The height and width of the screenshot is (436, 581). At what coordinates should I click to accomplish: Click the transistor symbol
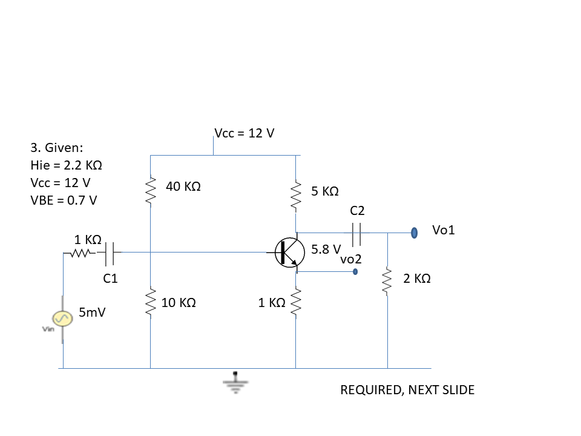coord(290,253)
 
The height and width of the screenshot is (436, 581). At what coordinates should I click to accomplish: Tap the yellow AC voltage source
coord(62,319)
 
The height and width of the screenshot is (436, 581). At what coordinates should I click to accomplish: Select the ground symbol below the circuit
coord(235,382)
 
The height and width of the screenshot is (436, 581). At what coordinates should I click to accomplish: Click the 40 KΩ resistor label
coord(183,186)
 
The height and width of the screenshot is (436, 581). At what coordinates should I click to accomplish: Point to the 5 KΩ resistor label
coord(325,191)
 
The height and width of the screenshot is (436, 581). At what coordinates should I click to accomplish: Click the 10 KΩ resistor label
coord(179,303)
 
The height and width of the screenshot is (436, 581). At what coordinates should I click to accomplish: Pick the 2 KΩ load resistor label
coord(417,279)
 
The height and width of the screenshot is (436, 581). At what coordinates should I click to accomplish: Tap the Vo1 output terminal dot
coord(414,233)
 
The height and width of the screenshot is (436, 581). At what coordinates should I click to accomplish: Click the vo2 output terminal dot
coord(355,272)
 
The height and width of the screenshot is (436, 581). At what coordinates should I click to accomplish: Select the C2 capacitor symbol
coord(356,234)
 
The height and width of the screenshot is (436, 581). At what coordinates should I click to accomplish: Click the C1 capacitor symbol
coord(110,254)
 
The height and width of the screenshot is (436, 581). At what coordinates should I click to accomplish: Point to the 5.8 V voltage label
coord(326,249)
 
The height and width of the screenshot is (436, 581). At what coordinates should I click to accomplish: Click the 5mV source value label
coord(92,312)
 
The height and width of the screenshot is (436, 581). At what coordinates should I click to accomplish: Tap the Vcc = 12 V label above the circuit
coord(245,133)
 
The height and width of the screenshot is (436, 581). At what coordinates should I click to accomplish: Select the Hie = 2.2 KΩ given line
coord(67,165)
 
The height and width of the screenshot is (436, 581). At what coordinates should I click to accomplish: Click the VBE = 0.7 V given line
coord(64,200)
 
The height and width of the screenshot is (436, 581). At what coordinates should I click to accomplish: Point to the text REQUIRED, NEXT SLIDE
coord(407,390)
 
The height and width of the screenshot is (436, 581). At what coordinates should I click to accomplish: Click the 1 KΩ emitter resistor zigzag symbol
coord(296,303)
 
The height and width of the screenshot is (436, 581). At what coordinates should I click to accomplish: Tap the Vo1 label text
coord(444,230)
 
